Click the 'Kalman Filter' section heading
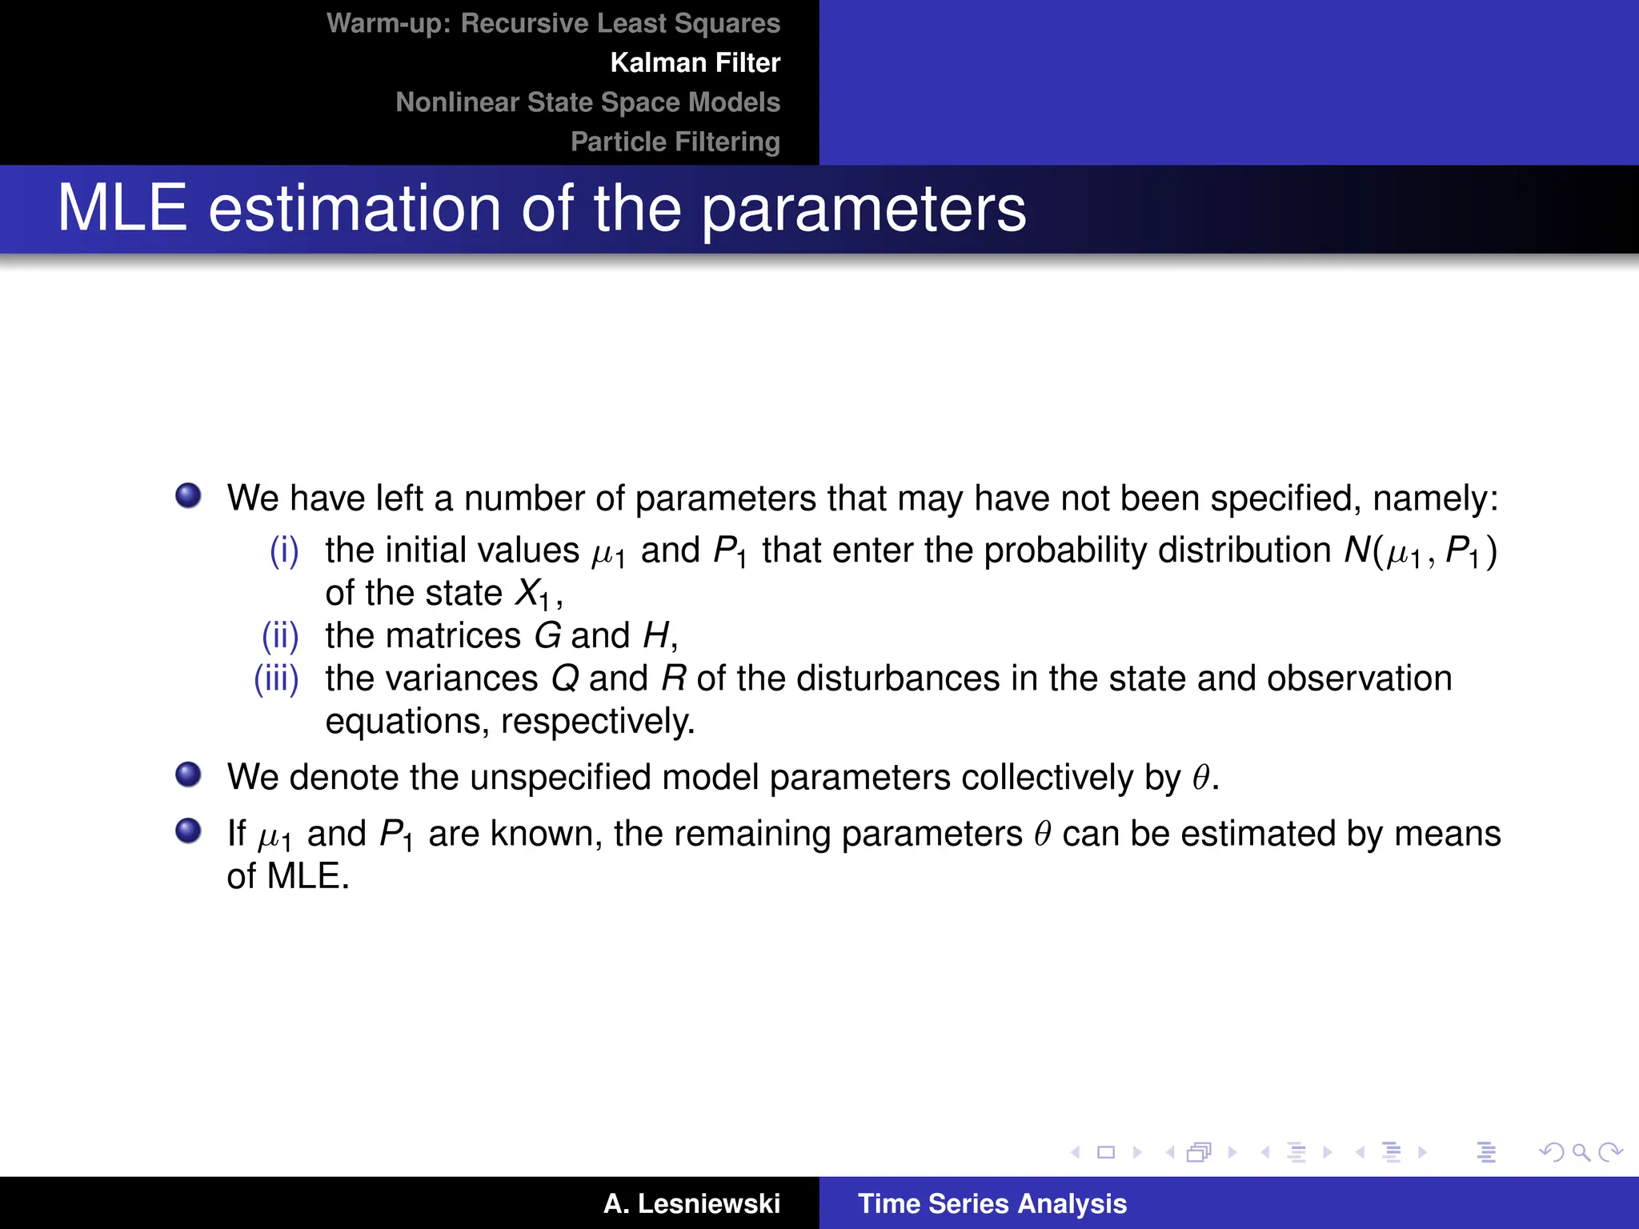[695, 62]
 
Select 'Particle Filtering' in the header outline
[675, 142]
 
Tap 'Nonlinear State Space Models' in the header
[587, 102]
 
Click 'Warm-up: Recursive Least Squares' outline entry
[553, 23]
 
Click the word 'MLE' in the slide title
[122, 209]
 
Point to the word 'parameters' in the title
[864, 209]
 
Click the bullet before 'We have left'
[189, 496]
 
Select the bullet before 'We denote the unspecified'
[189, 775]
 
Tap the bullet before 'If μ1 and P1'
[189, 831]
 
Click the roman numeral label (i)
[284, 550]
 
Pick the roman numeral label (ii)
[280, 636]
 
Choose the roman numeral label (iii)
[276, 679]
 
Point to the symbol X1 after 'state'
[532, 594]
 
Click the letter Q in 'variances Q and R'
[565, 679]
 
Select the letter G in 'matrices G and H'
[547, 636]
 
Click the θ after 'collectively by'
[1200, 778]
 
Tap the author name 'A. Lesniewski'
[691, 1203]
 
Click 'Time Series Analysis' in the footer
[992, 1203]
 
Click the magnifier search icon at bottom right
[1581, 1152]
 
